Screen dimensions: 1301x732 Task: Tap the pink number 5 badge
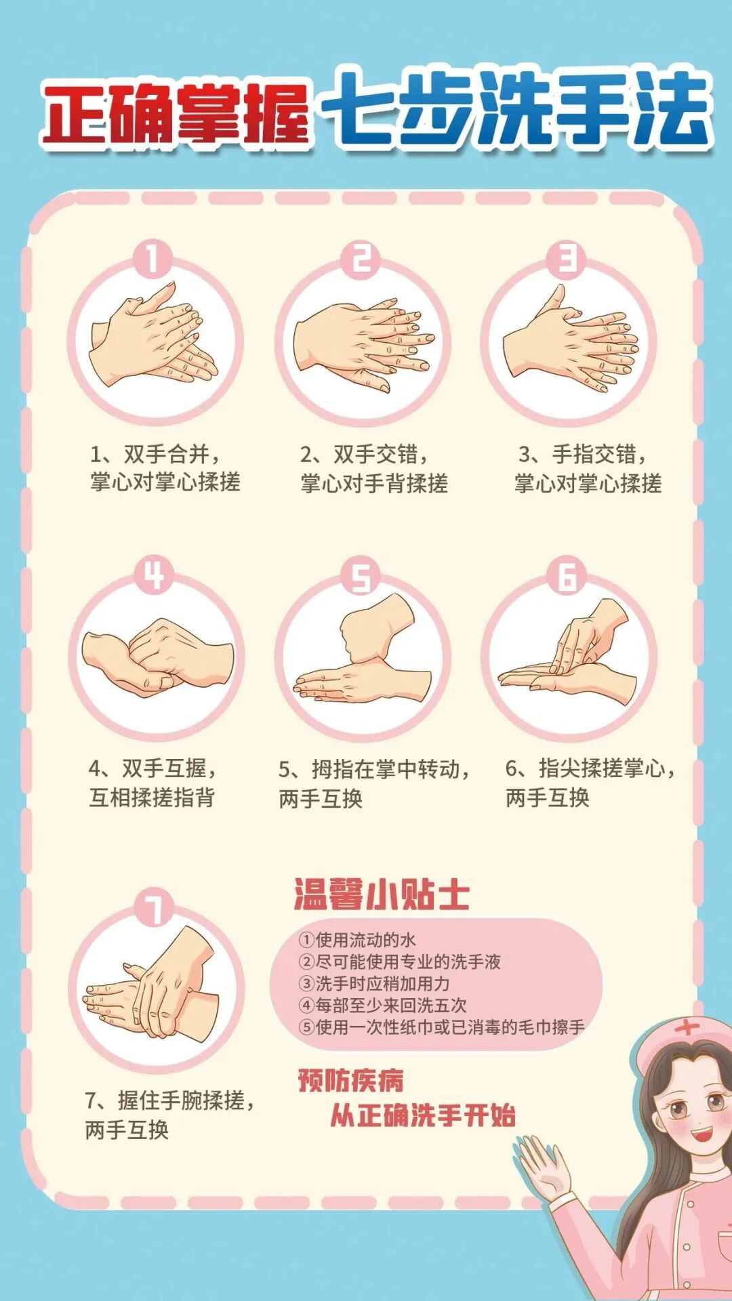pos(361,577)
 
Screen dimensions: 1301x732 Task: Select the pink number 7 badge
pos(155,909)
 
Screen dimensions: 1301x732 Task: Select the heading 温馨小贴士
pos(382,894)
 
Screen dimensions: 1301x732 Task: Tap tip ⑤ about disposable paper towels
pos(442,1027)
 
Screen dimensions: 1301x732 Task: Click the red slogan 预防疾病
pos(351,1080)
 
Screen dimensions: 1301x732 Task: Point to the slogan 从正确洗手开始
pos(424,1115)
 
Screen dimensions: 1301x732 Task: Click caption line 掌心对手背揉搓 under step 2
pos(374,483)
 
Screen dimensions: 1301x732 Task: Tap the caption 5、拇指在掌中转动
pos(374,769)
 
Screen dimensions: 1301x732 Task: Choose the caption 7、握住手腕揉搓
pos(169,1100)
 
